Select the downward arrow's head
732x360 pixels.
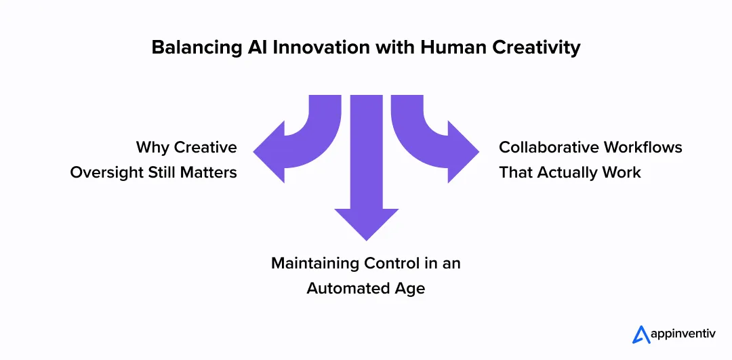click(x=366, y=224)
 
